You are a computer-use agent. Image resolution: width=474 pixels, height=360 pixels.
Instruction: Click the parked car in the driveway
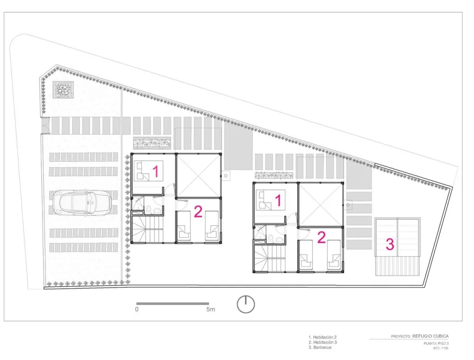click(82, 202)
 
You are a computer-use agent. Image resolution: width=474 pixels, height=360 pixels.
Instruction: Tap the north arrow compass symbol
click(246, 304)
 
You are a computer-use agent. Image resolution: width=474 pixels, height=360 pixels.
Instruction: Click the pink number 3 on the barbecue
click(389, 244)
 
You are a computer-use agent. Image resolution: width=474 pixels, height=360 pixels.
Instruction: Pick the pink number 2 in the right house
click(321, 237)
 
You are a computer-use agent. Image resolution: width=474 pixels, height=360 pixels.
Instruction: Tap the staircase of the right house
click(268, 258)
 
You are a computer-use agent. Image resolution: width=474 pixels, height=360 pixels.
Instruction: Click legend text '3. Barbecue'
click(320, 348)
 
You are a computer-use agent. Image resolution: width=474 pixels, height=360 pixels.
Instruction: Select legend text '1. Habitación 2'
click(322, 337)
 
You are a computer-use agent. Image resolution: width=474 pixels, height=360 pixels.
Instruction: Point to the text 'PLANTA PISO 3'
click(436, 343)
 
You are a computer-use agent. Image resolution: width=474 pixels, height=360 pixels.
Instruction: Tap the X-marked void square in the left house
click(198, 175)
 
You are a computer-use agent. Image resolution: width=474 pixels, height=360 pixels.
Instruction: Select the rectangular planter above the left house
click(152, 143)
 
